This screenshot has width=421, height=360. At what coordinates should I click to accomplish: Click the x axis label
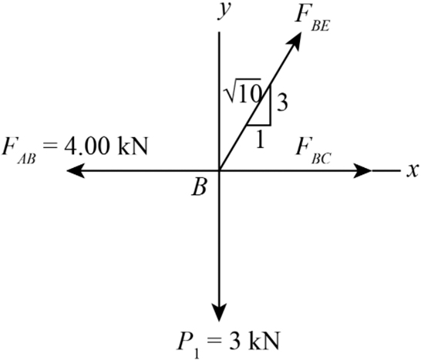pyautogui.click(x=413, y=170)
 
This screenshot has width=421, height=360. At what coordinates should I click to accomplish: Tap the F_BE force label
pyautogui.click(x=312, y=18)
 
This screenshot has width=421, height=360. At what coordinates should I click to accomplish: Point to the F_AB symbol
pyautogui.click(x=19, y=151)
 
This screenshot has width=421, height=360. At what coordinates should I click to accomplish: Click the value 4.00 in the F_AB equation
pyautogui.click(x=86, y=146)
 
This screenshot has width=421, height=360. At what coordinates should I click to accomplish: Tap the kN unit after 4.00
pyautogui.click(x=133, y=146)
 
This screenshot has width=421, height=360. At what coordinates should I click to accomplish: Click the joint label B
pyautogui.click(x=199, y=187)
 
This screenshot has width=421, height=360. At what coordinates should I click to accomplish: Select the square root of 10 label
pyautogui.click(x=243, y=91)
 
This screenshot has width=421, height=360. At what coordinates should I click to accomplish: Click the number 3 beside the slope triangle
pyautogui.click(x=282, y=103)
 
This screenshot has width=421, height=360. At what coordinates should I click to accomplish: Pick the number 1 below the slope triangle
pyautogui.click(x=260, y=140)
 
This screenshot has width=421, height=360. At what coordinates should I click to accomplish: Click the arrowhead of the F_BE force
pyautogui.click(x=295, y=41)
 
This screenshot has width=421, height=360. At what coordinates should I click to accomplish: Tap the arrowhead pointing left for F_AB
pyautogui.click(x=76, y=170)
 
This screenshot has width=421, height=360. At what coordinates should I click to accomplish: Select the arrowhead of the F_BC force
pyautogui.click(x=362, y=170)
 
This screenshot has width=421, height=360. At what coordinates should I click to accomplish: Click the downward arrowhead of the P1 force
pyautogui.click(x=219, y=312)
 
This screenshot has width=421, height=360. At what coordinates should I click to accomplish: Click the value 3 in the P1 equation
pyautogui.click(x=234, y=341)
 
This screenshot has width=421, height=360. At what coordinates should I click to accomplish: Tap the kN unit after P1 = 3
pyautogui.click(x=264, y=341)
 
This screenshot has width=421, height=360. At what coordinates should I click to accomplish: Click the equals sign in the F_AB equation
pyautogui.click(x=50, y=147)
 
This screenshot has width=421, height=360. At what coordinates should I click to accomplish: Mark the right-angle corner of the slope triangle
pyautogui.click(x=271, y=125)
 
